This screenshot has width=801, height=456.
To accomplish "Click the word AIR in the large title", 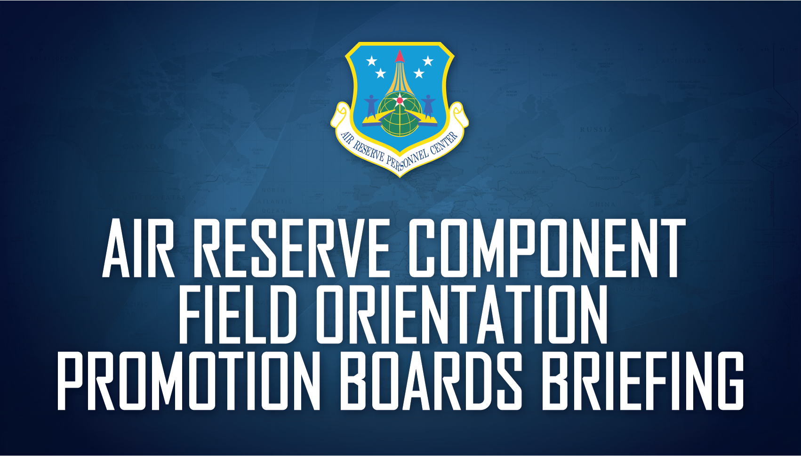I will coord(138,248).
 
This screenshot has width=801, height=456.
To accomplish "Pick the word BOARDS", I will coord(431,381).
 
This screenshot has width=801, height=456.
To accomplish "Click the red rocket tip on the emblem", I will coord(400,57).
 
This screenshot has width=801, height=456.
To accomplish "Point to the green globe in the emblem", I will coord(400,115).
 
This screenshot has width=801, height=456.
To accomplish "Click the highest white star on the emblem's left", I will coord(372,61).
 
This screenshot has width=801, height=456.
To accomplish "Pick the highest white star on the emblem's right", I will coord(428,61).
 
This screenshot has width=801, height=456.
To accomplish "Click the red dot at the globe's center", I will coord(400,100).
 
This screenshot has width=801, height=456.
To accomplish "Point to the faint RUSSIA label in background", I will coord(596,130).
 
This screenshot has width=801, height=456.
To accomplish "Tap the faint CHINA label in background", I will coord(602,204).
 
